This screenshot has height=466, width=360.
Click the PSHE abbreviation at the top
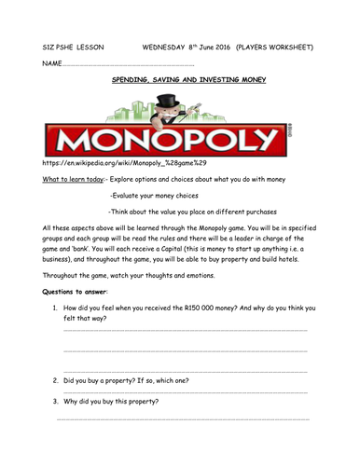pos(64,44)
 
